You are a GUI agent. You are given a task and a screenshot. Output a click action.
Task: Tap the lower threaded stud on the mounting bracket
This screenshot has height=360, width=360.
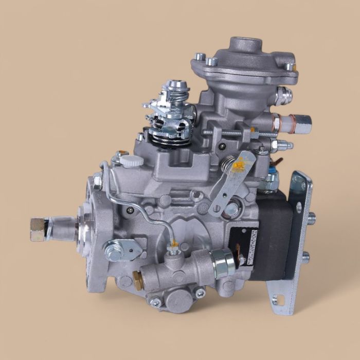tap(307, 256)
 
